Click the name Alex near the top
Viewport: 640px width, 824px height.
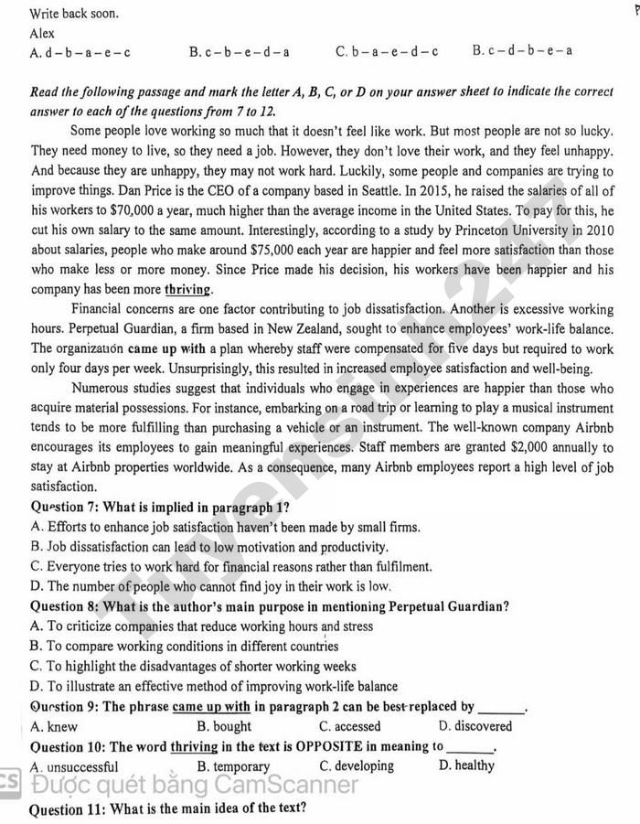42,33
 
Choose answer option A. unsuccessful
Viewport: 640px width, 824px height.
73,766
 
